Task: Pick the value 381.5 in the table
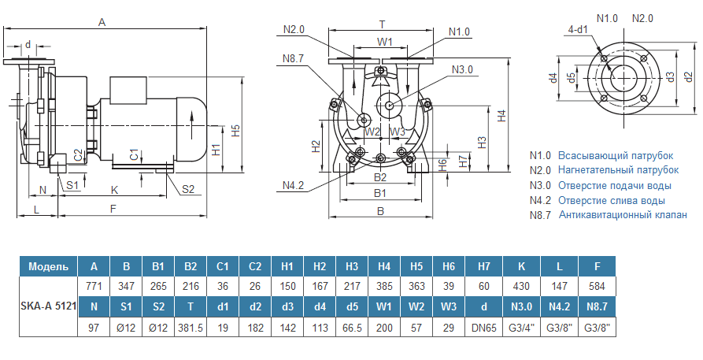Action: [x=191, y=327]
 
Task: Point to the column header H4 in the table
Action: [x=384, y=266]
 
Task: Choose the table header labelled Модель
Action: [x=47, y=266]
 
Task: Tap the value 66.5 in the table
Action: [x=352, y=327]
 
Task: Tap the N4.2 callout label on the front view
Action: [x=294, y=186]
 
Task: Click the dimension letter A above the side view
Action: [x=102, y=23]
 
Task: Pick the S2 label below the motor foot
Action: [x=188, y=188]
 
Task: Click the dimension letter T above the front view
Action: [x=382, y=24]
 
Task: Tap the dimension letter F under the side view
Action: [x=113, y=209]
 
